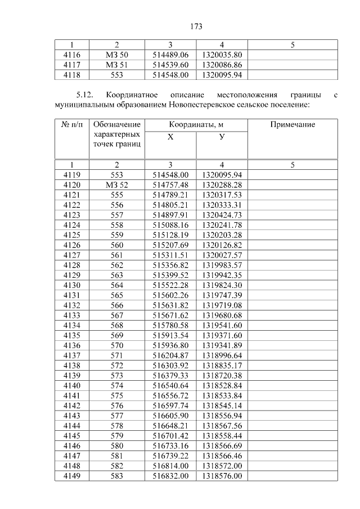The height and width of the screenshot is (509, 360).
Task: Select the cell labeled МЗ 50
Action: pyautogui.click(x=117, y=55)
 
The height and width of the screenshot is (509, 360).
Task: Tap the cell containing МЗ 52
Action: pyautogui.click(x=117, y=184)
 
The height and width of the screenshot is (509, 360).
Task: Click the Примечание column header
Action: pyautogui.click(x=292, y=124)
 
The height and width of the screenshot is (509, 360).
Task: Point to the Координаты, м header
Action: pyautogui.click(x=196, y=124)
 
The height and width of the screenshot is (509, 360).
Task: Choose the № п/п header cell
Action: pyautogui.click(x=72, y=124)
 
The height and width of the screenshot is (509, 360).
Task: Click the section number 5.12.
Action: pyautogui.click(x=87, y=95)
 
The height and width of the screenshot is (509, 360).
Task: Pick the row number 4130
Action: pyautogui.click(x=72, y=286)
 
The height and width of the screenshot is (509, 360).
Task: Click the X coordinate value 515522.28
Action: pyautogui.click(x=170, y=286)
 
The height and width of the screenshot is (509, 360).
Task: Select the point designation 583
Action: pyautogui.click(x=117, y=476)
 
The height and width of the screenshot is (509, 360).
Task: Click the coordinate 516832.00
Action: pyautogui.click(x=170, y=476)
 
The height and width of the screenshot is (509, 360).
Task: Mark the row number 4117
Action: pyautogui.click(x=72, y=65)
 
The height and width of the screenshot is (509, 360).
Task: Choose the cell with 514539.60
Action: pyautogui.click(x=170, y=65)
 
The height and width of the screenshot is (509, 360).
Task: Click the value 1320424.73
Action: pyautogui.click(x=222, y=215)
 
